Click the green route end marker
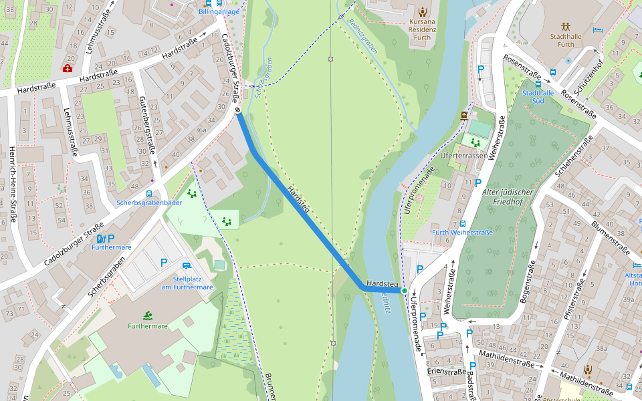coord(405,291)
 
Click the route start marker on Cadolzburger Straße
coord(237,110)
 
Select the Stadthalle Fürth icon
coord(566,27)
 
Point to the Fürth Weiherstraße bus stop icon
coord(463,224)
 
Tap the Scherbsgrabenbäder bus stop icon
coord(148,194)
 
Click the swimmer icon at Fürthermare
coord(147,315)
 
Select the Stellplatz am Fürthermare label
coord(187,283)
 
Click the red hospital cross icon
coord(68,68)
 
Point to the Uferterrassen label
coord(463,154)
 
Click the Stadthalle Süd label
coord(538,97)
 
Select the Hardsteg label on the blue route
coord(298,200)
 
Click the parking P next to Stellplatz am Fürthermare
coord(163,263)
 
